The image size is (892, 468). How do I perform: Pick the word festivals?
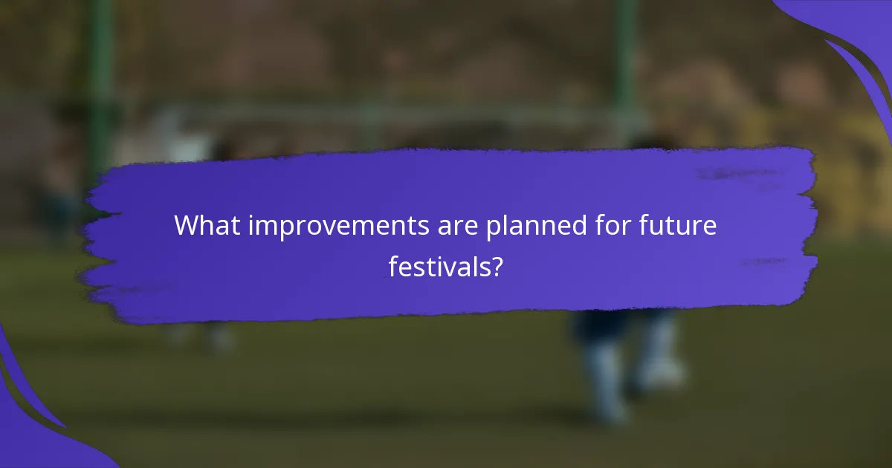click(439, 266)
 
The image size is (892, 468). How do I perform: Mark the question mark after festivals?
click(495, 266)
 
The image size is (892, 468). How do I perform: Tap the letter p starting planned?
click(493, 229)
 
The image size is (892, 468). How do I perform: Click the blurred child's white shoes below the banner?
click(632, 371)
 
